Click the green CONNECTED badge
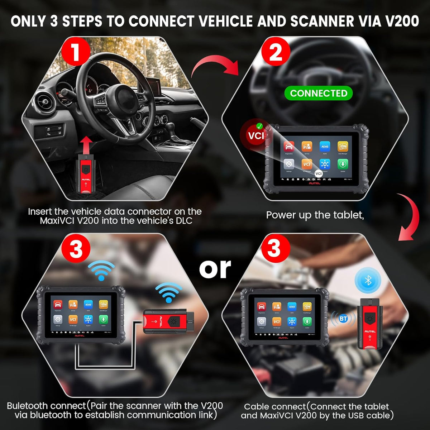coord(319,94)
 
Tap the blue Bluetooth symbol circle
coord(368,280)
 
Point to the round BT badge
coord(343,319)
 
